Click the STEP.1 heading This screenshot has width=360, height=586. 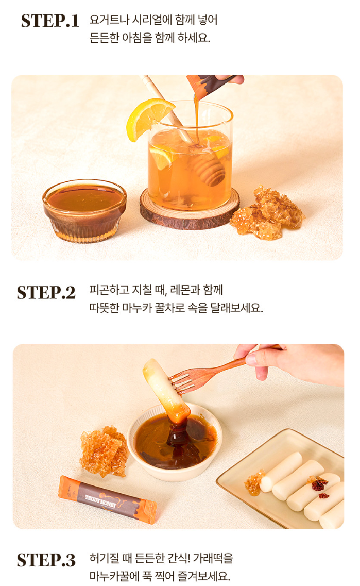(x=49, y=21)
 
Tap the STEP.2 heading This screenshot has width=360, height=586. (x=46, y=293)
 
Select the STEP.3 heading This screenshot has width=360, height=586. (x=46, y=560)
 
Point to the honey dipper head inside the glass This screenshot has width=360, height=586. (x=209, y=170)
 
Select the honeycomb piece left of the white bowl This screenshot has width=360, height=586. (x=104, y=451)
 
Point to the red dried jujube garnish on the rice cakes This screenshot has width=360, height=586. (x=319, y=486)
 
